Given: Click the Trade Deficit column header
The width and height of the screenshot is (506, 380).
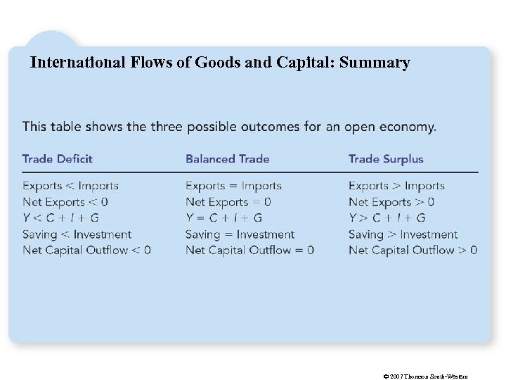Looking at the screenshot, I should click(58, 159).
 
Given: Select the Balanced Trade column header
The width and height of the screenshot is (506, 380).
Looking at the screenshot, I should click(228, 159).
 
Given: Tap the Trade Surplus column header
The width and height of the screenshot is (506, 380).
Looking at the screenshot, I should click(386, 159).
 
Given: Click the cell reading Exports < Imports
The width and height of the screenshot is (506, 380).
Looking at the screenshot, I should click(70, 186).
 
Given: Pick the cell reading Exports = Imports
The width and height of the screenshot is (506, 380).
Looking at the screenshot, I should click(233, 186).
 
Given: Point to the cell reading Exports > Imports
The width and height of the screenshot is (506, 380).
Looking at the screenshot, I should click(396, 186).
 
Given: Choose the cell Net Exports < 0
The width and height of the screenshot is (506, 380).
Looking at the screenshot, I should click(65, 203).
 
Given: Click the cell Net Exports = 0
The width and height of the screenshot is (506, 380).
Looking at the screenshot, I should click(228, 203).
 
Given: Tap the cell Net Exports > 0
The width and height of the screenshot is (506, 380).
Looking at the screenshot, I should click(391, 203).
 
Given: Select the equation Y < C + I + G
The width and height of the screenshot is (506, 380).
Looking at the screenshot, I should click(60, 218).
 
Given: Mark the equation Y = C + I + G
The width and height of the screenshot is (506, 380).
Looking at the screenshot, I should click(223, 218).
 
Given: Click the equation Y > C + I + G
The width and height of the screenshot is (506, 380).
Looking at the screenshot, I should click(387, 218).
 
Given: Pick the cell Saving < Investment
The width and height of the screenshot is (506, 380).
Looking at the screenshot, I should click(77, 234).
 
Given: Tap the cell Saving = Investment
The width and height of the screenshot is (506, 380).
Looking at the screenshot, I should click(240, 234).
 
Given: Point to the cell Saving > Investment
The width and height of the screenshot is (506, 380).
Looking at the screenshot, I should click(403, 234).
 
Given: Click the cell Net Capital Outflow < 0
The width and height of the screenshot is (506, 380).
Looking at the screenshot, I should click(86, 250).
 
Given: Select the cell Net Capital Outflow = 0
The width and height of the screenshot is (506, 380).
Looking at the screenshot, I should click(249, 250).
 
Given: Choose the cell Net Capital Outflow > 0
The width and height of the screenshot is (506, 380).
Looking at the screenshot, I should click(413, 250).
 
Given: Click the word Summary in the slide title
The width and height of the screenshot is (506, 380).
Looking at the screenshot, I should click(375, 63).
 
